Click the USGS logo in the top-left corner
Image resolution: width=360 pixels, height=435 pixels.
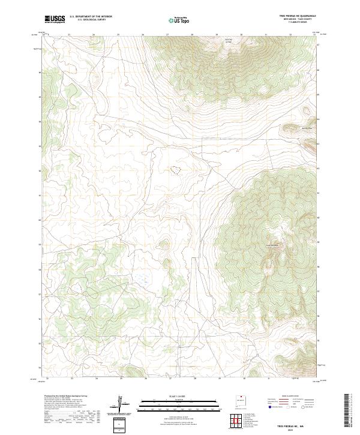click(55, 20)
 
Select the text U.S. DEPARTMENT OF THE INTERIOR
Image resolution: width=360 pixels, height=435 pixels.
click(91, 17)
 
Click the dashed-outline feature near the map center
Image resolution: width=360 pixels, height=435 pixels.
click(175, 170)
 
